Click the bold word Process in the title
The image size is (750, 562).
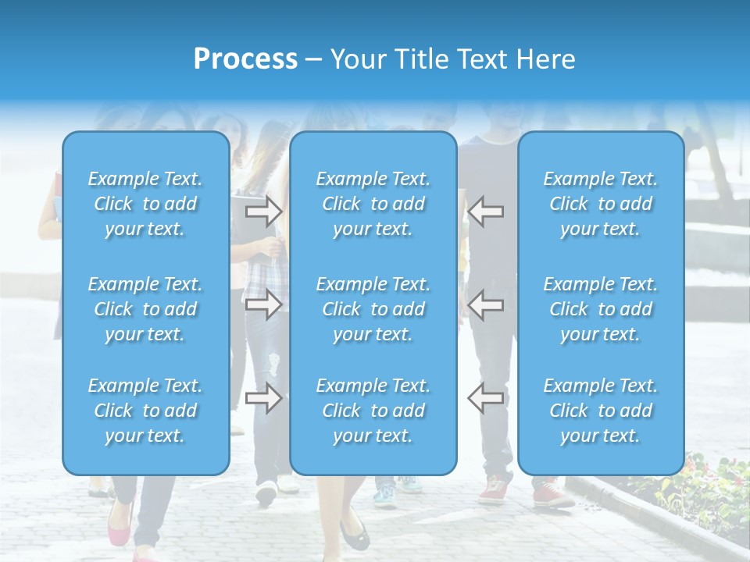[245, 59]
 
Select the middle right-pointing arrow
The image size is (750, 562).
[264, 304]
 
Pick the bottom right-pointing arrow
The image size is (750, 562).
[264, 398]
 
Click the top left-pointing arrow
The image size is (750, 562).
[485, 211]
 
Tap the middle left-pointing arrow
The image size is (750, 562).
[485, 304]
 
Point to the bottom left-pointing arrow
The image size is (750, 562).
[485, 398]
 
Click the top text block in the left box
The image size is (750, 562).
[145, 204]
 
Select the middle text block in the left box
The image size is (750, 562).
[145, 309]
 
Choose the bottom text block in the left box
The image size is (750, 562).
[145, 411]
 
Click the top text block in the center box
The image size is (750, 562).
[373, 204]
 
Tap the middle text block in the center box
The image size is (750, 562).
[373, 309]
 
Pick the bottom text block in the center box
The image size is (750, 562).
[373, 411]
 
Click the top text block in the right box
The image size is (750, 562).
[601, 204]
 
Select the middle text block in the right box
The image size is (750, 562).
[601, 309]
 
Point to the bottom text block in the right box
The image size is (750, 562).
[601, 411]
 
